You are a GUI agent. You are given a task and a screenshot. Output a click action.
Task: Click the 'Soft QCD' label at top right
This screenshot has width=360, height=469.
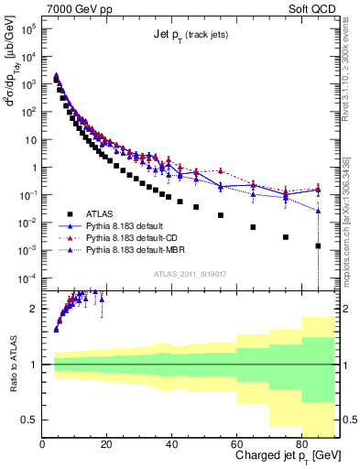coord(312,7)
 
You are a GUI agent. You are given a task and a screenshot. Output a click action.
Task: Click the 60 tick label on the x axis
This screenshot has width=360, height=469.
coord(237,444)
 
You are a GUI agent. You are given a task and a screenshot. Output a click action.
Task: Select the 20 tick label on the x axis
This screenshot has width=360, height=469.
coord(107,444)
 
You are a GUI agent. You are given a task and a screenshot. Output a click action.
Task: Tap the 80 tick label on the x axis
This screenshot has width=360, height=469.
coord(302,444)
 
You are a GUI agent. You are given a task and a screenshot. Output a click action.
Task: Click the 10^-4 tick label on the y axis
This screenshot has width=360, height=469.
coord(26,278)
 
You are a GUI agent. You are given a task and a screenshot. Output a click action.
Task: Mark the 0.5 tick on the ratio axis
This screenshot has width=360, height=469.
coord(30,420)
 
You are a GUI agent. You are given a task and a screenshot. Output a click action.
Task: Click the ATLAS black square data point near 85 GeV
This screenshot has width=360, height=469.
coord(318,245)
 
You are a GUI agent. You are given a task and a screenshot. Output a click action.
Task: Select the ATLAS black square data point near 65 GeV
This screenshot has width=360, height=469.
coord(253,226)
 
